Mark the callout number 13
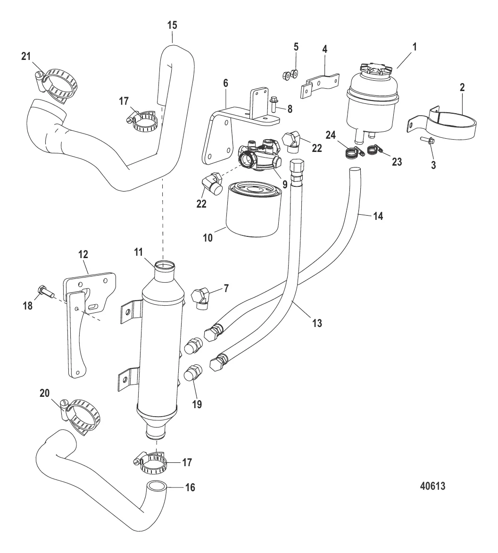[317, 323]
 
